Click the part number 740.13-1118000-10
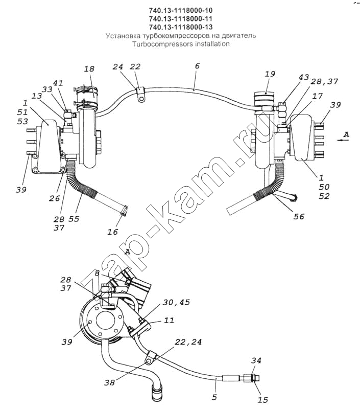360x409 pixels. click(180, 10)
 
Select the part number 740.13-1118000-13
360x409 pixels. click(180, 27)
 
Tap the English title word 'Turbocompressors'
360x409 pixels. click(157, 44)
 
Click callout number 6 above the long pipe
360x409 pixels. click(197, 66)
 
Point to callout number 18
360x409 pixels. click(89, 69)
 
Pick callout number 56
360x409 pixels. click(299, 216)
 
